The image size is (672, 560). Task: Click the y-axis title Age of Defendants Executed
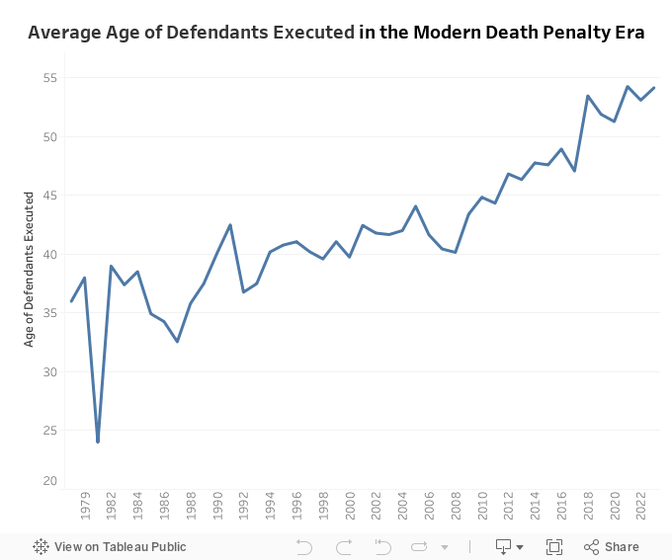pos(30,269)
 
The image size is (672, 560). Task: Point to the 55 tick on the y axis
pos(50,78)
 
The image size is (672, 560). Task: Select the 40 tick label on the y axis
pos(50,255)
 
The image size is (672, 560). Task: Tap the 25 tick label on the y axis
pos(50,431)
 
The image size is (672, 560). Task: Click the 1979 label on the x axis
pos(85,507)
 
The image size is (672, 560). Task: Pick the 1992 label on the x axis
pos(244,507)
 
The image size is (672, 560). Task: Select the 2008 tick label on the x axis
pos(456,507)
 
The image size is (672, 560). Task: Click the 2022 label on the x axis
pos(640,507)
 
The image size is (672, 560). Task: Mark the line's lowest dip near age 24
pos(98,440)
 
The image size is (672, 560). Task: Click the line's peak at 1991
pos(230,225)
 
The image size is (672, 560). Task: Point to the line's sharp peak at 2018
pos(588,96)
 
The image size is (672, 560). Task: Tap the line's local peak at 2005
pos(416,206)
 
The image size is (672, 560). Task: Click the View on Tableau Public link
pos(110,546)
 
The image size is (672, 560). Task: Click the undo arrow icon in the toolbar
pos(304,546)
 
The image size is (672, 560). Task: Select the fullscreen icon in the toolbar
pos(554,546)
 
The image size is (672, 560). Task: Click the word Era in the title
pos(628,33)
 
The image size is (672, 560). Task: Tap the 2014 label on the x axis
pos(535,507)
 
